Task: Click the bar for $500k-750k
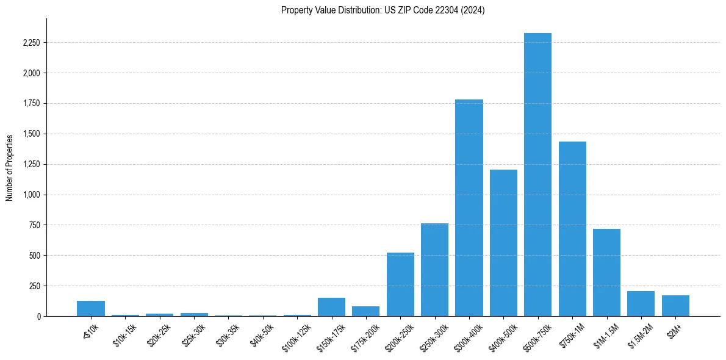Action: [x=537, y=175]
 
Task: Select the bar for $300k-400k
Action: [x=469, y=207]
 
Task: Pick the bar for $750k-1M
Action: [x=572, y=229]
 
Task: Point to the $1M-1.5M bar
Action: [x=606, y=272]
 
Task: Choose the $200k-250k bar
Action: [x=400, y=284]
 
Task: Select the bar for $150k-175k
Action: [x=331, y=307]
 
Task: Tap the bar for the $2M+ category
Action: [x=675, y=306]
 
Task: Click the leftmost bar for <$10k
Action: [x=91, y=308]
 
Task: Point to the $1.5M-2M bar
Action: [x=641, y=303]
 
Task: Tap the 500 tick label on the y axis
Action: [x=35, y=255]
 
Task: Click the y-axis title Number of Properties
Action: [x=10, y=168]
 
